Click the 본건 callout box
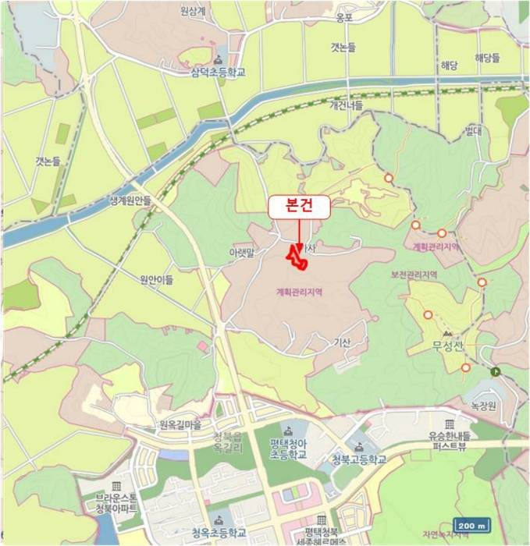tap(300, 207)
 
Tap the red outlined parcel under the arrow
tap(297, 258)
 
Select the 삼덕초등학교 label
tap(218, 72)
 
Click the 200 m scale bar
tap(473, 524)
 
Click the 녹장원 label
tap(483, 406)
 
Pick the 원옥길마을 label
tap(180, 425)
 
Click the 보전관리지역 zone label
tap(414, 275)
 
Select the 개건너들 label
tap(346, 105)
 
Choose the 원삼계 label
tap(214, 12)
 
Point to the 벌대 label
tap(473, 130)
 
